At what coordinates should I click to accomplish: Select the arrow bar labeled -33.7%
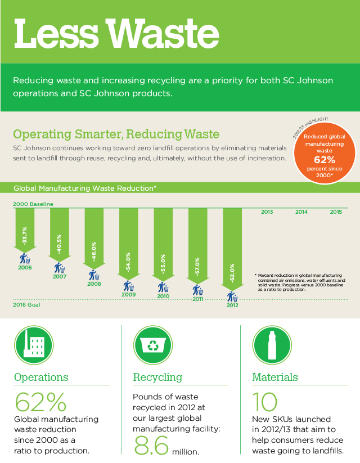(24, 230)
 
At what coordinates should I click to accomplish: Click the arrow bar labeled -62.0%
(232, 248)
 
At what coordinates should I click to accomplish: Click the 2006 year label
(25, 268)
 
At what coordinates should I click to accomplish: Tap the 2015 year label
(336, 212)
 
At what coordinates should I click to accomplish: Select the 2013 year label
(267, 212)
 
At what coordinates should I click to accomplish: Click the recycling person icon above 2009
(128, 286)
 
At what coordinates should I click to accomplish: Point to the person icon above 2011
(197, 290)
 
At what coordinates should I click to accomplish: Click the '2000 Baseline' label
(33, 203)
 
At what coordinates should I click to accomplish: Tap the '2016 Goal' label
(26, 304)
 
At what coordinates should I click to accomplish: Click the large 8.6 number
(152, 446)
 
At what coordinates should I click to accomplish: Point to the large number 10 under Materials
(265, 402)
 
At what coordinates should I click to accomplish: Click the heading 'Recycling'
(157, 377)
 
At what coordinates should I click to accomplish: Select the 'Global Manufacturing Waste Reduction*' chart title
(85, 188)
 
